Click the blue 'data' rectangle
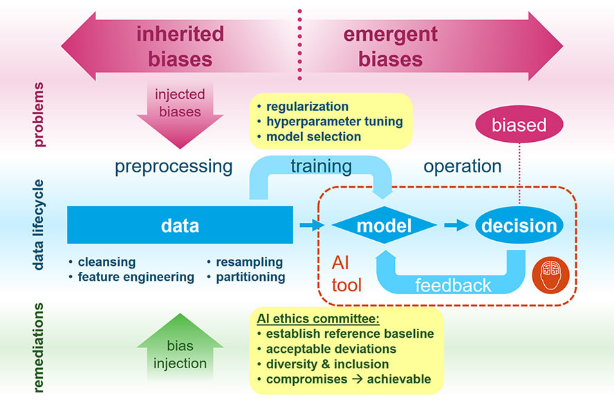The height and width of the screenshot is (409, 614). [180, 225]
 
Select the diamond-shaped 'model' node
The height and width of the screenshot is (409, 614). [384, 226]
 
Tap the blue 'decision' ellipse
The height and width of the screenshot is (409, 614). [519, 226]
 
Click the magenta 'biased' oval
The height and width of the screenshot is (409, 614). [519, 125]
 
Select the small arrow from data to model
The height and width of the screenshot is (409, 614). [312, 225]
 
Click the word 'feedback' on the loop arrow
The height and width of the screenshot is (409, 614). [453, 284]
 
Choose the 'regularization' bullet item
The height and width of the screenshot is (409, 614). [307, 107]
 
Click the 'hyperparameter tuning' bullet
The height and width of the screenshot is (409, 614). [334, 122]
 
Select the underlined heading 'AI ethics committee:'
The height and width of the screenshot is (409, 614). [317, 318]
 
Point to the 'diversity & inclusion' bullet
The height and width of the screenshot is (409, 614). [327, 364]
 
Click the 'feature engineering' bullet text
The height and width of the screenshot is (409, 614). [136, 277]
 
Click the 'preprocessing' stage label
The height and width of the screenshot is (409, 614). [173, 167]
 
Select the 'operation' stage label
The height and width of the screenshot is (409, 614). [462, 167]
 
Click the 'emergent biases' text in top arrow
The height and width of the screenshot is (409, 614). [390, 46]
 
